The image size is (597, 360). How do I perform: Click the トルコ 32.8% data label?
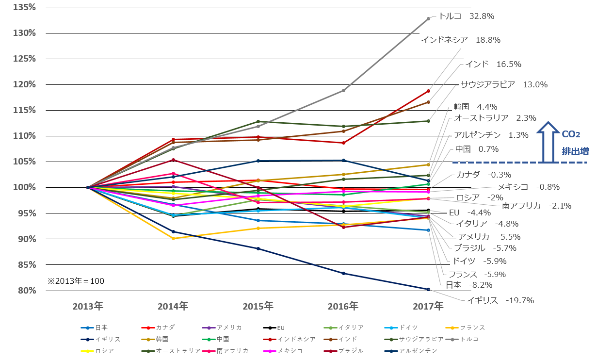[466, 16]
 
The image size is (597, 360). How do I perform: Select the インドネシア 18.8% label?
[460, 40]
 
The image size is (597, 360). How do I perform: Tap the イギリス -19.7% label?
[500, 300]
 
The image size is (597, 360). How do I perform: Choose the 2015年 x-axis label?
[258, 306]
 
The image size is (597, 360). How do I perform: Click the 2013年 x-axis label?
[88, 306]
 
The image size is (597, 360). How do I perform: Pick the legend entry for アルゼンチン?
[409, 350]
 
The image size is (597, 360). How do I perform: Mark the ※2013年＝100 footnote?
[76, 281]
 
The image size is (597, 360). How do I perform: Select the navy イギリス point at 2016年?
[343, 273]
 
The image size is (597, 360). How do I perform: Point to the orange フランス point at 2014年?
[173, 238]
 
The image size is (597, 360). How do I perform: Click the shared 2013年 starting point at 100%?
[88, 187]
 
